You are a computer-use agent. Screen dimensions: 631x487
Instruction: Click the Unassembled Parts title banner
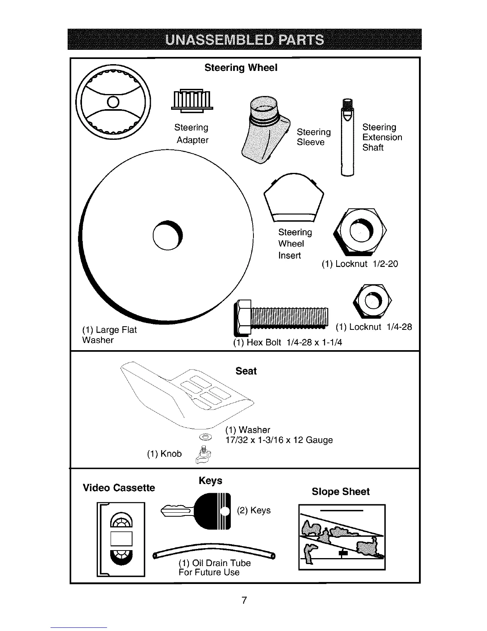pyautogui.click(x=244, y=39)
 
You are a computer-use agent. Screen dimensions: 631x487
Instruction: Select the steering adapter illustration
pyautogui.click(x=192, y=99)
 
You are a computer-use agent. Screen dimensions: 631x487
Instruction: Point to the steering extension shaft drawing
pyautogui.click(x=347, y=137)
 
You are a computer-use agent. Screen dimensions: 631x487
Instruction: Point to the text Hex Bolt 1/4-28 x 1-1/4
pyautogui.click(x=288, y=343)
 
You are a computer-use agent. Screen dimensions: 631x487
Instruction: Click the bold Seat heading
pyautogui.click(x=246, y=371)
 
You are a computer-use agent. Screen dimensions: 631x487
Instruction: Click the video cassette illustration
pyautogui.click(x=121, y=539)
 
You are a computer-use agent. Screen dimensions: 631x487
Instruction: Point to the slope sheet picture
pyautogui.click(x=342, y=537)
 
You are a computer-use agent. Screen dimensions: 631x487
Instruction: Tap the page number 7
pyautogui.click(x=244, y=600)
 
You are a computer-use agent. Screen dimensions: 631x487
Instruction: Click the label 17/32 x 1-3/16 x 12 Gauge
pyautogui.click(x=279, y=440)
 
